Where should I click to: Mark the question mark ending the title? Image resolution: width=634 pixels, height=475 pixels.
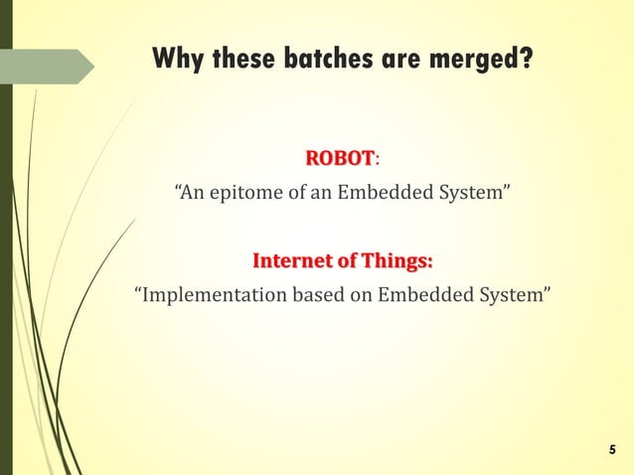point(526,60)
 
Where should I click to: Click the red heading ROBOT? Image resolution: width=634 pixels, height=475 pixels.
point(339,159)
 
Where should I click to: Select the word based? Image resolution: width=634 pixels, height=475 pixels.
point(316,295)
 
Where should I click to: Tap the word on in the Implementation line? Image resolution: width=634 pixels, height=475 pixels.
point(357,295)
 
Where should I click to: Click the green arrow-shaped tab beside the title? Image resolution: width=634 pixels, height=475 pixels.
point(50,67)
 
